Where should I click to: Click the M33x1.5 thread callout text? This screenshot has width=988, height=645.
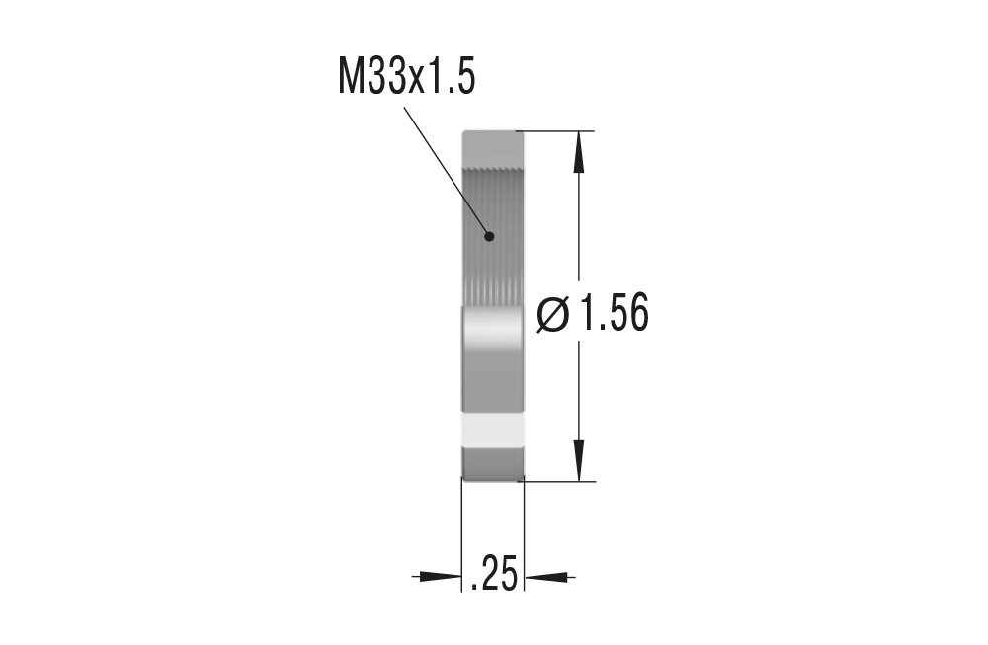coord(406,78)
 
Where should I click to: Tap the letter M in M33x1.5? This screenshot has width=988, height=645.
coord(351,78)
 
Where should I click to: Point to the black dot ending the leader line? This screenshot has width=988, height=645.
coord(488,236)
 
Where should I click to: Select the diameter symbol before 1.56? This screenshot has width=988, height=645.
coord(553,316)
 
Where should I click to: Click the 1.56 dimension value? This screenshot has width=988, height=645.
coord(614,316)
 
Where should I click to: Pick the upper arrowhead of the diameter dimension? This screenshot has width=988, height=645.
coord(579,148)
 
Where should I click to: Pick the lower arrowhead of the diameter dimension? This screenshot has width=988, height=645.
coord(579,463)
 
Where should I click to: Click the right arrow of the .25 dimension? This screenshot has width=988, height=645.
coord(547,576)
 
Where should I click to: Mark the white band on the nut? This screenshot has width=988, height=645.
coord(493,430)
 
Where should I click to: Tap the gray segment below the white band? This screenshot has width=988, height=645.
coord(493,463)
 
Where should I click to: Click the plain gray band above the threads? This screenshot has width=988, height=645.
coord(493,148)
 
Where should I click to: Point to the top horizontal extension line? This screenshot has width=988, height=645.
coord(558,130)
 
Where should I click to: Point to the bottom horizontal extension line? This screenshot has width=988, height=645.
coord(558,482)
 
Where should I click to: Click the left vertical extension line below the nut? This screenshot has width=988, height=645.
coord(462,538)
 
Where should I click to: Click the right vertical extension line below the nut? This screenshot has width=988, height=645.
coord(524,538)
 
